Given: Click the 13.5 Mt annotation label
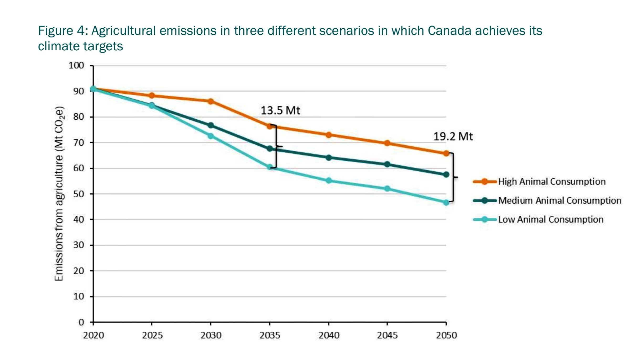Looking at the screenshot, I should [280, 110].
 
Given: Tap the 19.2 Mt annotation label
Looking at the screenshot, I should [453, 137].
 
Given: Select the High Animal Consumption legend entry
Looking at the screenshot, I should [551, 182].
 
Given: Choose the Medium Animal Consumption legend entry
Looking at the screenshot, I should [559, 201].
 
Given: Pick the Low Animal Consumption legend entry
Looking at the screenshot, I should [550, 220].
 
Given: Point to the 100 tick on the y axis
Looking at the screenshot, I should [76, 65].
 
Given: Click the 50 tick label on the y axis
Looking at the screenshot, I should [79, 194].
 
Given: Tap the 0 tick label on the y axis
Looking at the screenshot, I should [81, 322].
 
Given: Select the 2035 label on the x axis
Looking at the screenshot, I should [270, 336].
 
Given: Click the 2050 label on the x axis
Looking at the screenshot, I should [446, 336].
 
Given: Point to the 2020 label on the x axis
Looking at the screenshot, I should [93, 336].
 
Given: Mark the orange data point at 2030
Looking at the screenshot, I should [211, 101].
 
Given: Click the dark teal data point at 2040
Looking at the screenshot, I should [328, 158].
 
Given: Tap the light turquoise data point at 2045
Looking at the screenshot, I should [387, 189].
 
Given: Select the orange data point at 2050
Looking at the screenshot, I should [446, 153].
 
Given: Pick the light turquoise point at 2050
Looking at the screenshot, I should [446, 203].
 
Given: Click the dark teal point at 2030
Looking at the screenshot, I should [211, 125].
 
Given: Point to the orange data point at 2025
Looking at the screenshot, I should [152, 96].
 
